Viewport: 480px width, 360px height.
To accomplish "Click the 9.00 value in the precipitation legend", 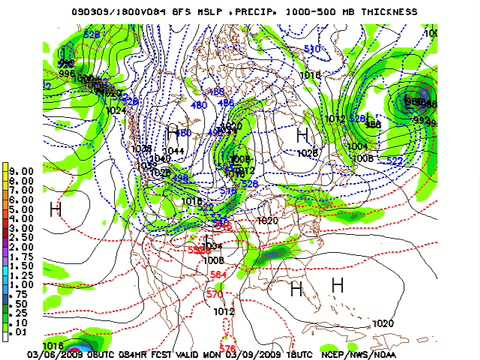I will coord(21,171).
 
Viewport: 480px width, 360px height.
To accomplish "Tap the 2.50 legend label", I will coord(21,236).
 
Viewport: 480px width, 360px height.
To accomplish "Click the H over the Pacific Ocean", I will coord(56,209).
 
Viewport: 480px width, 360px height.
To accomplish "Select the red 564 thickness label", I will coord(217,274).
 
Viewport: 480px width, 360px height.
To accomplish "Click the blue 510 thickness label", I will coord(312,49).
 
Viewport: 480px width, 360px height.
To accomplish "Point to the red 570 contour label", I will coord(214,295).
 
